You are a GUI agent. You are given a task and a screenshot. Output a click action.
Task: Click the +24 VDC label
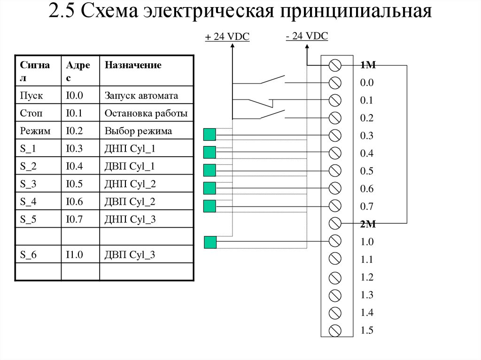(227, 38)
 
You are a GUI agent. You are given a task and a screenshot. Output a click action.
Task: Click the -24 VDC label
(306, 36)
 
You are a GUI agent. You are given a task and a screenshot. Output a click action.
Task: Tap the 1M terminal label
(368, 65)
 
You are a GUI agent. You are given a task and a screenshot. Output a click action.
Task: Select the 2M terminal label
(368, 224)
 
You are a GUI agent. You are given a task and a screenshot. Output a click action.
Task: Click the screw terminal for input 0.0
(335, 83)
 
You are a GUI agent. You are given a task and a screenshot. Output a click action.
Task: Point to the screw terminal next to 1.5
(335, 329)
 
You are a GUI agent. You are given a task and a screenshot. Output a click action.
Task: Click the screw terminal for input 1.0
(335, 241)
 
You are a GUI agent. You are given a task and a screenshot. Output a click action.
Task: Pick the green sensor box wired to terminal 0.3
(209, 135)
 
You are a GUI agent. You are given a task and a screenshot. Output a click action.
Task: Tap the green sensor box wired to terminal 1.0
(210, 242)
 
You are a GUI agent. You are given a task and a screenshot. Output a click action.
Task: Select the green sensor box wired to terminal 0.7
(209, 206)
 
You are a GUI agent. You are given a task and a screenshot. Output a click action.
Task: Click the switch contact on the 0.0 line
(272, 80)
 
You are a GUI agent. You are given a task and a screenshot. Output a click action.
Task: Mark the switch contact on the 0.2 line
(272, 115)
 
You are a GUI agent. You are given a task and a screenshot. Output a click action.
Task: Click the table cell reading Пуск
(32, 96)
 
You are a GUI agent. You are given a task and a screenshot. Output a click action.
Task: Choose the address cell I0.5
(74, 184)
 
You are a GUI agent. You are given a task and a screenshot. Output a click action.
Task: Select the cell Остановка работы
(146, 113)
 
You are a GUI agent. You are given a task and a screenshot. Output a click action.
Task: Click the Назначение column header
(133, 65)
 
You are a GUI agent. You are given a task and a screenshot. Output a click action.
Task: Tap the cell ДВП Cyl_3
(130, 255)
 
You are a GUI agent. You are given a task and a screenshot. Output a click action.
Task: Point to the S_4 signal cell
(28, 202)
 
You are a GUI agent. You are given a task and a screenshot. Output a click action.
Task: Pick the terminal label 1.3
(366, 295)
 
